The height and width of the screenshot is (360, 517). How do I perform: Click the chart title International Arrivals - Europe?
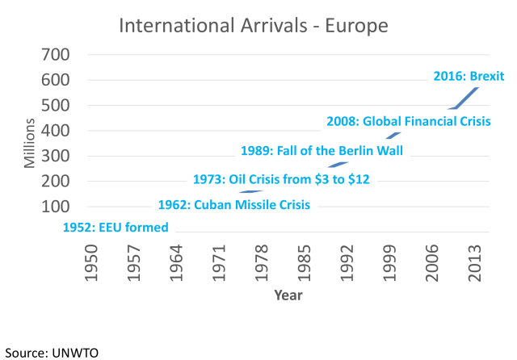(x=254, y=25)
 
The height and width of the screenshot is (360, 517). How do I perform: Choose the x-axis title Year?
(x=288, y=295)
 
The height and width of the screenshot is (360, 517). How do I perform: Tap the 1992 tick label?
(x=347, y=258)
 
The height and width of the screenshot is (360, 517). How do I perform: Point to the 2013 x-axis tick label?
(x=475, y=258)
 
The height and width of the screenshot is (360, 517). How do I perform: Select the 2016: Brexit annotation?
(x=469, y=77)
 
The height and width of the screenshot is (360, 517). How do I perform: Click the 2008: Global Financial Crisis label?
(x=409, y=122)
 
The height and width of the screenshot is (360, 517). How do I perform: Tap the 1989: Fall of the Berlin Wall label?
(x=322, y=150)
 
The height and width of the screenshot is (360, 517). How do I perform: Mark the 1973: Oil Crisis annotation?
(x=281, y=179)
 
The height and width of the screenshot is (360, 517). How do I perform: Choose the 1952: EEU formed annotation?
(x=116, y=228)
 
